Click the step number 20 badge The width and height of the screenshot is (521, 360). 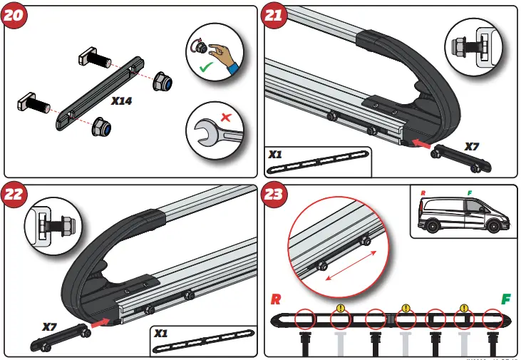(16, 18)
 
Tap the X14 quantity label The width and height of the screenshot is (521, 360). (121, 101)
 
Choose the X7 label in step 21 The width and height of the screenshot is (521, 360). (473, 146)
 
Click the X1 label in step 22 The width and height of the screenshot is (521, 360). (161, 333)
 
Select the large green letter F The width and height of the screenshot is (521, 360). (506, 299)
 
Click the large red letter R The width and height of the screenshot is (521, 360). (276, 299)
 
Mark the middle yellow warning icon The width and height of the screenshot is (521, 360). (405, 309)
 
